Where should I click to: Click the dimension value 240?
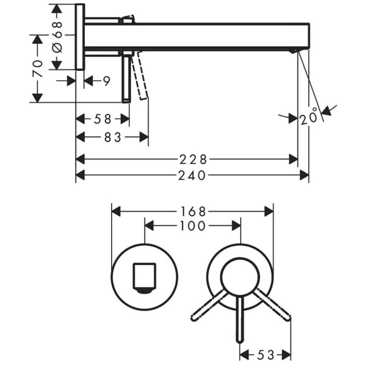coord(192,175)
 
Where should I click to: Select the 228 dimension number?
coord(193,160)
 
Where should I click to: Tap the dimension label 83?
coord(113,137)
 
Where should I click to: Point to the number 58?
coord(103,119)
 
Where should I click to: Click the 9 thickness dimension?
coord(107,81)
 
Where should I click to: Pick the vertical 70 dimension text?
coord(38,68)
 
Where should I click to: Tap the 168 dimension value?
coord(193,212)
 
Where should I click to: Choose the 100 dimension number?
coord(193,226)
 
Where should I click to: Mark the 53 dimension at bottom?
coord(265,355)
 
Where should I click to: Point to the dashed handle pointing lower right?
coord(272,305)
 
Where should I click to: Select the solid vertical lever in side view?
coord(126,79)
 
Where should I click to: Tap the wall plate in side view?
coord(80,37)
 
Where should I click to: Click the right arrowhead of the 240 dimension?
coord(304,175)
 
